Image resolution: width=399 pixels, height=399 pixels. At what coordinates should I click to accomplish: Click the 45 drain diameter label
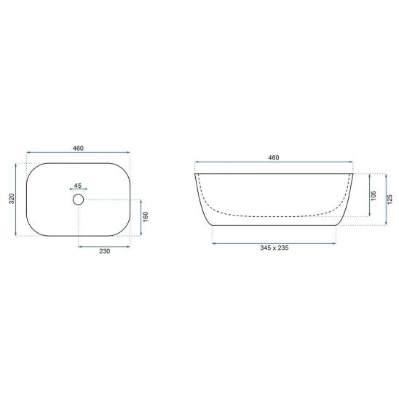click(x=78, y=186)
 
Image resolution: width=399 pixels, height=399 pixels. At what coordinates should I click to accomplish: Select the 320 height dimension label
click(x=12, y=199)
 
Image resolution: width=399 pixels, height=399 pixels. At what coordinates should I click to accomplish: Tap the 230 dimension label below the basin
click(x=105, y=251)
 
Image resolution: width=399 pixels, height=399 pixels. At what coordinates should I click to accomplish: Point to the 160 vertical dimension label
click(x=146, y=217)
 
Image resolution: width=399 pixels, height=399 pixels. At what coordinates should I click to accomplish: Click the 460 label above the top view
click(x=78, y=149)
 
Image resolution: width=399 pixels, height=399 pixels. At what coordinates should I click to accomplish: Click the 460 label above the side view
click(x=274, y=158)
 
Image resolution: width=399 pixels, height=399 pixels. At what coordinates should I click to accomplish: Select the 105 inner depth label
click(x=374, y=195)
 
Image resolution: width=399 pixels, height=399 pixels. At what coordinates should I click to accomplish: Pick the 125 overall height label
click(x=390, y=199)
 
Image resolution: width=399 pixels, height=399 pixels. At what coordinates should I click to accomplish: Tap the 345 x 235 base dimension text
click(x=274, y=248)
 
